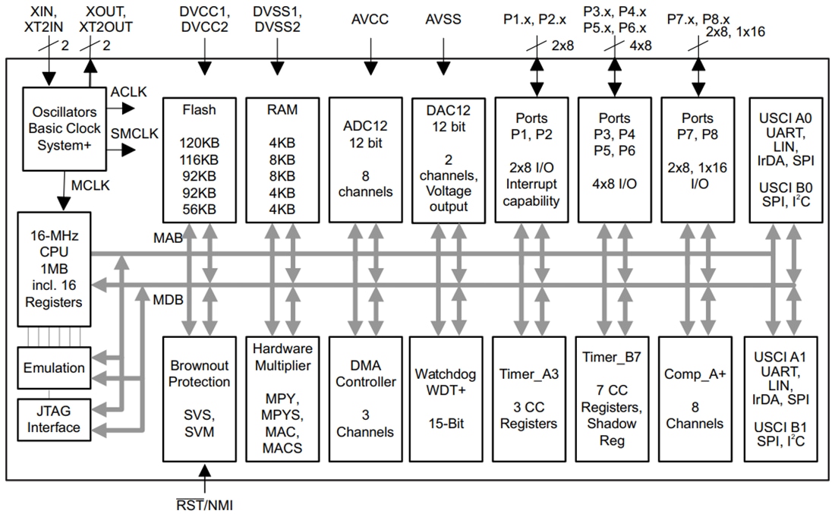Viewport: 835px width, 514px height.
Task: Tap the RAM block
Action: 282,159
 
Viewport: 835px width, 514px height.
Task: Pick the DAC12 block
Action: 449,159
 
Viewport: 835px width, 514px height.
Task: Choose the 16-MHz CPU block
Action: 52,270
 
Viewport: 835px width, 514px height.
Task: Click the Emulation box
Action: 54,368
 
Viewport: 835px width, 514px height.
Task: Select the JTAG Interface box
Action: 54,419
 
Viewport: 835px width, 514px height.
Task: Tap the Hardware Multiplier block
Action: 282,399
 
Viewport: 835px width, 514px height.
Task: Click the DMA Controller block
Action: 366,399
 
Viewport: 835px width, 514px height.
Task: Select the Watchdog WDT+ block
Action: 449,399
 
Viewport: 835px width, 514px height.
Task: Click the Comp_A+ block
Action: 696,399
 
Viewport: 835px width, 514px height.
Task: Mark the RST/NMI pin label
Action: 211,503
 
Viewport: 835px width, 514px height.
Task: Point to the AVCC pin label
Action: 370,20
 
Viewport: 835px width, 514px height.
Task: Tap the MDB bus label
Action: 168,299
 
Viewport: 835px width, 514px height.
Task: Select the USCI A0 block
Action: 784,159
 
